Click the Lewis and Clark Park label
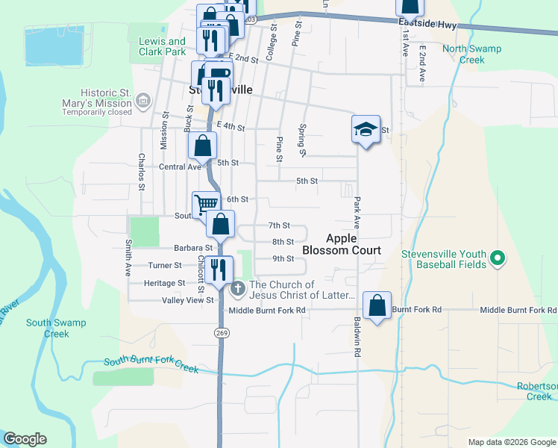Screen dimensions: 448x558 pos(162,46)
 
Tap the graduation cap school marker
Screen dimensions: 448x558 pos(366,129)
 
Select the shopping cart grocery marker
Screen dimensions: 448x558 pos(206,204)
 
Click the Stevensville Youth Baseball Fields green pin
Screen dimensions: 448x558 pos(497,259)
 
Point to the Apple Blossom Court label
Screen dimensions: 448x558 pos(354,244)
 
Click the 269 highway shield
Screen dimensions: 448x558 pos(221,332)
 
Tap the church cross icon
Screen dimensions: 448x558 pos(238,287)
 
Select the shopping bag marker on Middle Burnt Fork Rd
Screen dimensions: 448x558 pos(377,305)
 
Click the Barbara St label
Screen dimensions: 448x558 pos(193,247)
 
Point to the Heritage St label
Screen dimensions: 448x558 pos(166,283)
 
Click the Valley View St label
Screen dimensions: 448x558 pos(188,300)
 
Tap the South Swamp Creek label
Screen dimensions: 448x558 pos(56,328)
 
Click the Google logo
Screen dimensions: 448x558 pos(25,439)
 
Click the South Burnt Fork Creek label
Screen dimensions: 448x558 pos(151,362)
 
